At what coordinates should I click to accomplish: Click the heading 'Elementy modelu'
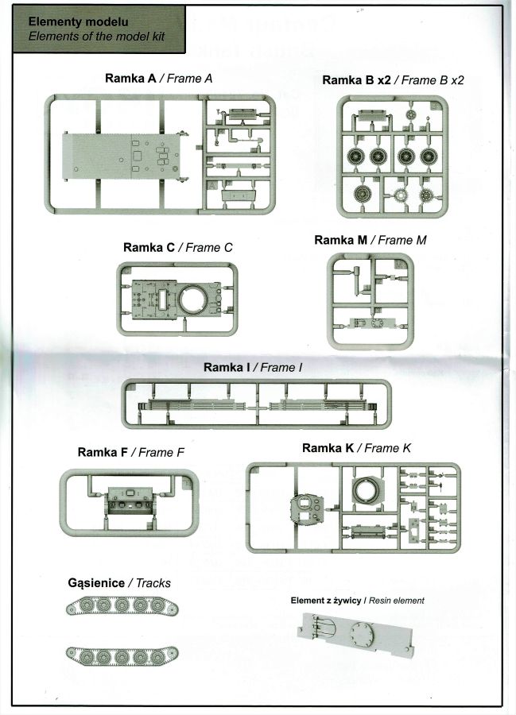click(78, 21)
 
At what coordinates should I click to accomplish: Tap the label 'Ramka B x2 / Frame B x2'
click(393, 80)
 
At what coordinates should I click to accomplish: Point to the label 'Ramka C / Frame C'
click(177, 247)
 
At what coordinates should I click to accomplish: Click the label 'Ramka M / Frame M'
click(371, 240)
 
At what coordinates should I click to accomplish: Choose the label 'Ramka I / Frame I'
click(253, 367)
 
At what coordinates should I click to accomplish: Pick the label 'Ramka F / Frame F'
click(131, 452)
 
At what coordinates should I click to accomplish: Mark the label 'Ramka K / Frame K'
click(356, 448)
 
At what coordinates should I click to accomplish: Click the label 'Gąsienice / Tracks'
click(119, 582)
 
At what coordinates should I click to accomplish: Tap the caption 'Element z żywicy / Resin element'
click(359, 601)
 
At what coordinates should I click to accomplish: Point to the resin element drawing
click(357, 640)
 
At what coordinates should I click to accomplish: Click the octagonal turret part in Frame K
click(307, 506)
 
